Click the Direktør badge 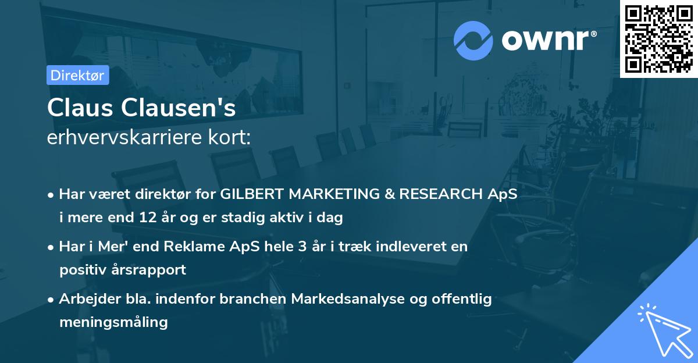click(78, 75)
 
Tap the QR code click(659, 38)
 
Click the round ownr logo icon click(473, 41)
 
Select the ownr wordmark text click(549, 40)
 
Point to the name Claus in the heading click(80, 108)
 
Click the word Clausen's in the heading click(178, 108)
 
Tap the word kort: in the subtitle click(229, 137)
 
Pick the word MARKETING click(334, 194)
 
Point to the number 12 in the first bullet click(148, 218)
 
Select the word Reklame click(194, 247)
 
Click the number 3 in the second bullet click(302, 247)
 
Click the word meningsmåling click(114, 322)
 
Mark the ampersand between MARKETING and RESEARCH click(390, 194)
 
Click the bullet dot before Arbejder click(51, 300)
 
